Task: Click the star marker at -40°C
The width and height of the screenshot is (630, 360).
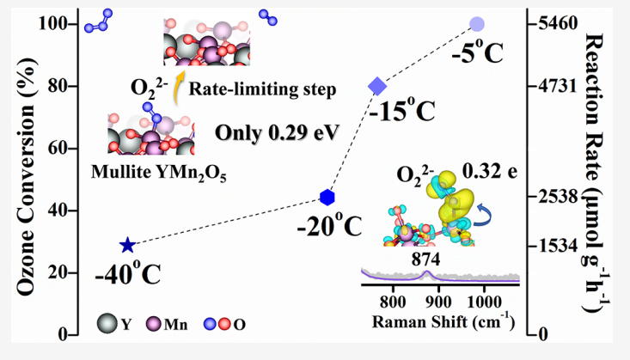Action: click(x=128, y=246)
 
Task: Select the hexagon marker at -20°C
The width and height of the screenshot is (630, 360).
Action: click(x=327, y=198)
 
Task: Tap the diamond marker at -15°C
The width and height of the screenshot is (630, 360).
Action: click(x=377, y=86)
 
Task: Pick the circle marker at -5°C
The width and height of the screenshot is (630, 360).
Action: click(x=477, y=24)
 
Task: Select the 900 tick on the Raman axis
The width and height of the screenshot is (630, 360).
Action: click(x=438, y=301)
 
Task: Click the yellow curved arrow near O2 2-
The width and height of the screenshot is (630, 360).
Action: click(x=180, y=83)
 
